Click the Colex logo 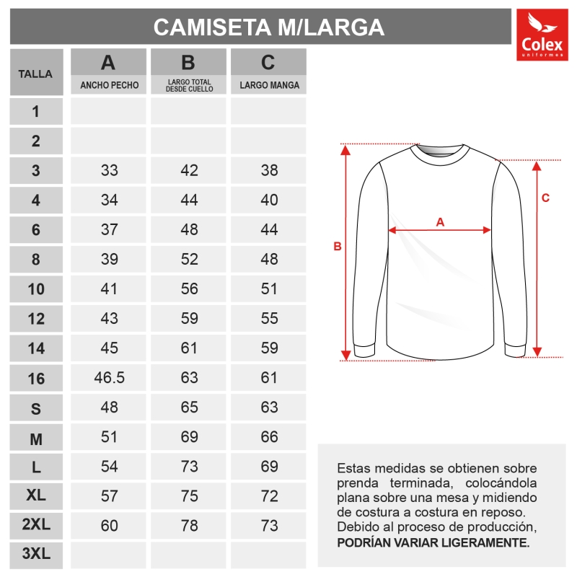[x=542, y=35]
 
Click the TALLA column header [x=36, y=74]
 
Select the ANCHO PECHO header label [x=109, y=85]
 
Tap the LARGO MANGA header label [x=268, y=85]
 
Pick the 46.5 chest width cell [x=110, y=377]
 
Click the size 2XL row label [x=36, y=526]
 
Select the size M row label [x=36, y=437]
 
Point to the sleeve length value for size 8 [x=269, y=259]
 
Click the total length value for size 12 [x=189, y=318]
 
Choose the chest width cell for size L [x=110, y=467]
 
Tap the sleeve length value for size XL [x=269, y=496]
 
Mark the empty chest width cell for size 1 [x=109, y=111]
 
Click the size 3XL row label [x=36, y=555]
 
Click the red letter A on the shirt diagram [x=440, y=222]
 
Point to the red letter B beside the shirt [x=337, y=247]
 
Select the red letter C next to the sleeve [x=546, y=198]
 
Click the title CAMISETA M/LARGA [x=269, y=27]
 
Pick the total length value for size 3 [x=189, y=171]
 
